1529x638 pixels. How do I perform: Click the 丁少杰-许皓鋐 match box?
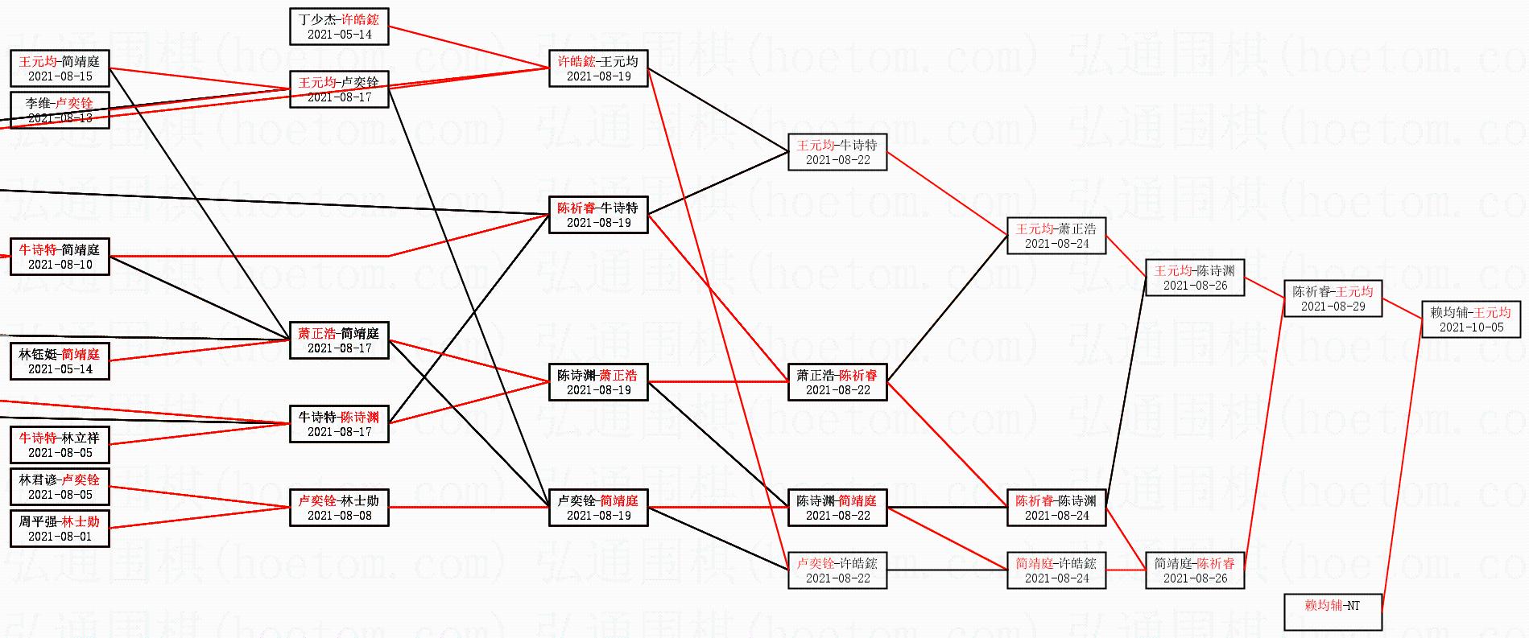point(339,27)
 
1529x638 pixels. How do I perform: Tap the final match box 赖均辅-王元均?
point(1471,319)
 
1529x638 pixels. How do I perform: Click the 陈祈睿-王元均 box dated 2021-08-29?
point(1333,298)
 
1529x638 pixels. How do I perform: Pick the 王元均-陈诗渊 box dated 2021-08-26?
point(1195,278)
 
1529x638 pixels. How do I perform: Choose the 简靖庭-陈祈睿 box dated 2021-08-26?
point(1195,570)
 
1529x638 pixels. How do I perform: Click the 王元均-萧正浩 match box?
point(1056,236)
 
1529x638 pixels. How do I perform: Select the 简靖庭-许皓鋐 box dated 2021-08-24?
point(1056,570)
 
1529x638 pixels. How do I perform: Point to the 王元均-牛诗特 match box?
point(837,152)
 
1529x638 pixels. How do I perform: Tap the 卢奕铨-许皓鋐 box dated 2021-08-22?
point(837,570)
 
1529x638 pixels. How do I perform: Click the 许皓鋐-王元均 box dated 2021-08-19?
point(598,68)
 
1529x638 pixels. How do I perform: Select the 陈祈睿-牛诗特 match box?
point(598,215)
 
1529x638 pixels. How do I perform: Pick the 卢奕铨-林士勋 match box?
point(339,508)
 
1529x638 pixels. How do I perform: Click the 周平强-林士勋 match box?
point(60,529)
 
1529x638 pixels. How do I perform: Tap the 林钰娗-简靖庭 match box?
point(60,361)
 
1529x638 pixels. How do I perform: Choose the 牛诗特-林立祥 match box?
point(60,445)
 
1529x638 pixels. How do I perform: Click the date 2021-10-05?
point(1471,327)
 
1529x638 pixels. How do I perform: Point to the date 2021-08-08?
point(339,516)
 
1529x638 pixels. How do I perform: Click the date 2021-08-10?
point(60,265)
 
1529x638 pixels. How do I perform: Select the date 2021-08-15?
point(60,76)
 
